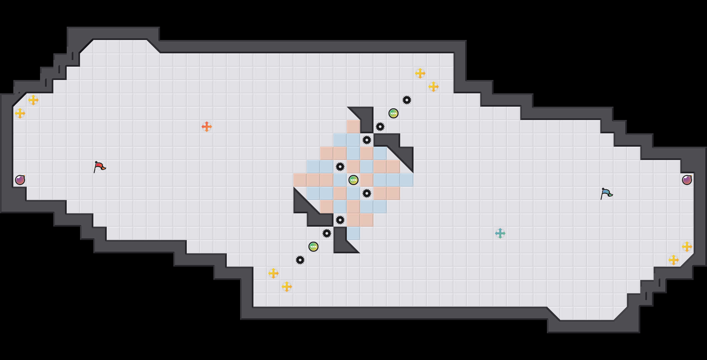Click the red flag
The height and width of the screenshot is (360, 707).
[x=99, y=166]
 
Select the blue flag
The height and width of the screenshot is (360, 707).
[x=606, y=193]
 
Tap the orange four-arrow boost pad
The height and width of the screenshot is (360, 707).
[x=207, y=127]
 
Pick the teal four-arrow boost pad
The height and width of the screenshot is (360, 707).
[x=500, y=233]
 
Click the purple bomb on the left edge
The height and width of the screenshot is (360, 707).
[x=20, y=180]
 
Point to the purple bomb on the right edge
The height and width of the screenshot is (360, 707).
[x=687, y=180]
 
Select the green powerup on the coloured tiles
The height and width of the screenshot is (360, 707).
[x=353, y=180]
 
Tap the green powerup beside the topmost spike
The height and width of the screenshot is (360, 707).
[x=394, y=113]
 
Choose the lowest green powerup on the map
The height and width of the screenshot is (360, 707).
[x=313, y=247]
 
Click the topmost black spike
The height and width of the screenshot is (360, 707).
[x=407, y=100]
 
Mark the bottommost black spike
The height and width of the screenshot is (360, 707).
[x=300, y=260]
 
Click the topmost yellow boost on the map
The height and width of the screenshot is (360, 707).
[x=420, y=73]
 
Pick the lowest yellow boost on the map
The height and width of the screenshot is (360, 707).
[x=287, y=287]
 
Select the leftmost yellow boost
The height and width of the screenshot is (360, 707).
[x=20, y=113]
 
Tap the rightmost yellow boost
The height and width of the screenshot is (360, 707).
[x=687, y=247]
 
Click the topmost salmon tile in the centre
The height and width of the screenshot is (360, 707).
[x=353, y=127]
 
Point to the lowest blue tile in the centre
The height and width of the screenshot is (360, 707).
[x=353, y=233]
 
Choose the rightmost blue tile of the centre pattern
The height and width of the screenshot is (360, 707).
[x=407, y=180]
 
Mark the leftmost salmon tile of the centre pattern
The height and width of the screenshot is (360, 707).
[x=300, y=180]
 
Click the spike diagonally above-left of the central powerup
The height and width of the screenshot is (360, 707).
[x=340, y=167]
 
